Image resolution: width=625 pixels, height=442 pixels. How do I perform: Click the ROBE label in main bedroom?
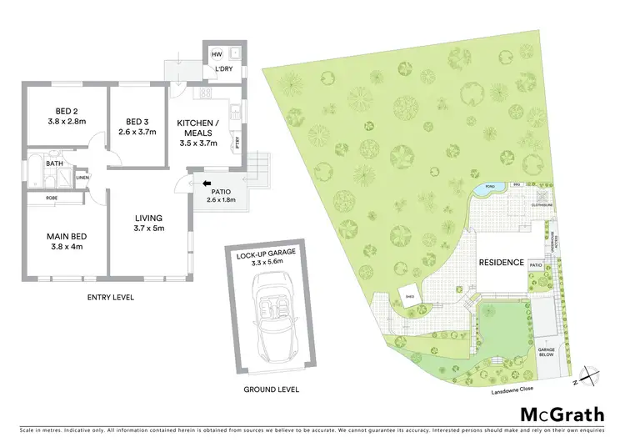(52, 198)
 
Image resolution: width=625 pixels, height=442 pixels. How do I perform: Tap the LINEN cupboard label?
(82, 178)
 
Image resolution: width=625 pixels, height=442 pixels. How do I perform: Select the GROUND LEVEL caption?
(272, 389)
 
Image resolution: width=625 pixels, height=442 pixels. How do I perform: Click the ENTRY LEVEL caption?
(111, 297)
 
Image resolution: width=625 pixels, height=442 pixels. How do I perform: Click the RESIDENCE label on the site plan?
(502, 263)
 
